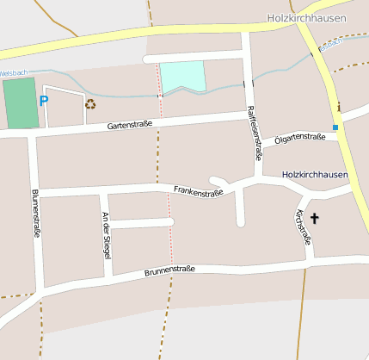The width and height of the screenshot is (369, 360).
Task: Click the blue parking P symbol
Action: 44,101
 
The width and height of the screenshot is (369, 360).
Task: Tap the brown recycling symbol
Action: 90,103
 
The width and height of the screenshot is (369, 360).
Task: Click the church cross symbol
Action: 315,219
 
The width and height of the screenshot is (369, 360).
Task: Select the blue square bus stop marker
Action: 335,127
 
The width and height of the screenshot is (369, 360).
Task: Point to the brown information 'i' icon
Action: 339,107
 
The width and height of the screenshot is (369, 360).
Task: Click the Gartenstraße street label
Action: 130,126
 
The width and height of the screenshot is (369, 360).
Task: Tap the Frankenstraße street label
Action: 198,191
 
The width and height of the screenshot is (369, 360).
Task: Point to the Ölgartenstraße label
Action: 300,137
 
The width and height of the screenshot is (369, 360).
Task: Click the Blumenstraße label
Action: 36,213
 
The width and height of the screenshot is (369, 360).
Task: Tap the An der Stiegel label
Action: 106,236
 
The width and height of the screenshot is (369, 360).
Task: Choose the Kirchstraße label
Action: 302,226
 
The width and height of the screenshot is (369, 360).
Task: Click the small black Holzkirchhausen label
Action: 315,175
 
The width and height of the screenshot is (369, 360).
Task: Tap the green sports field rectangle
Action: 21,103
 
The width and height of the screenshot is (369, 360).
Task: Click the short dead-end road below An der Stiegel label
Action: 142,223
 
